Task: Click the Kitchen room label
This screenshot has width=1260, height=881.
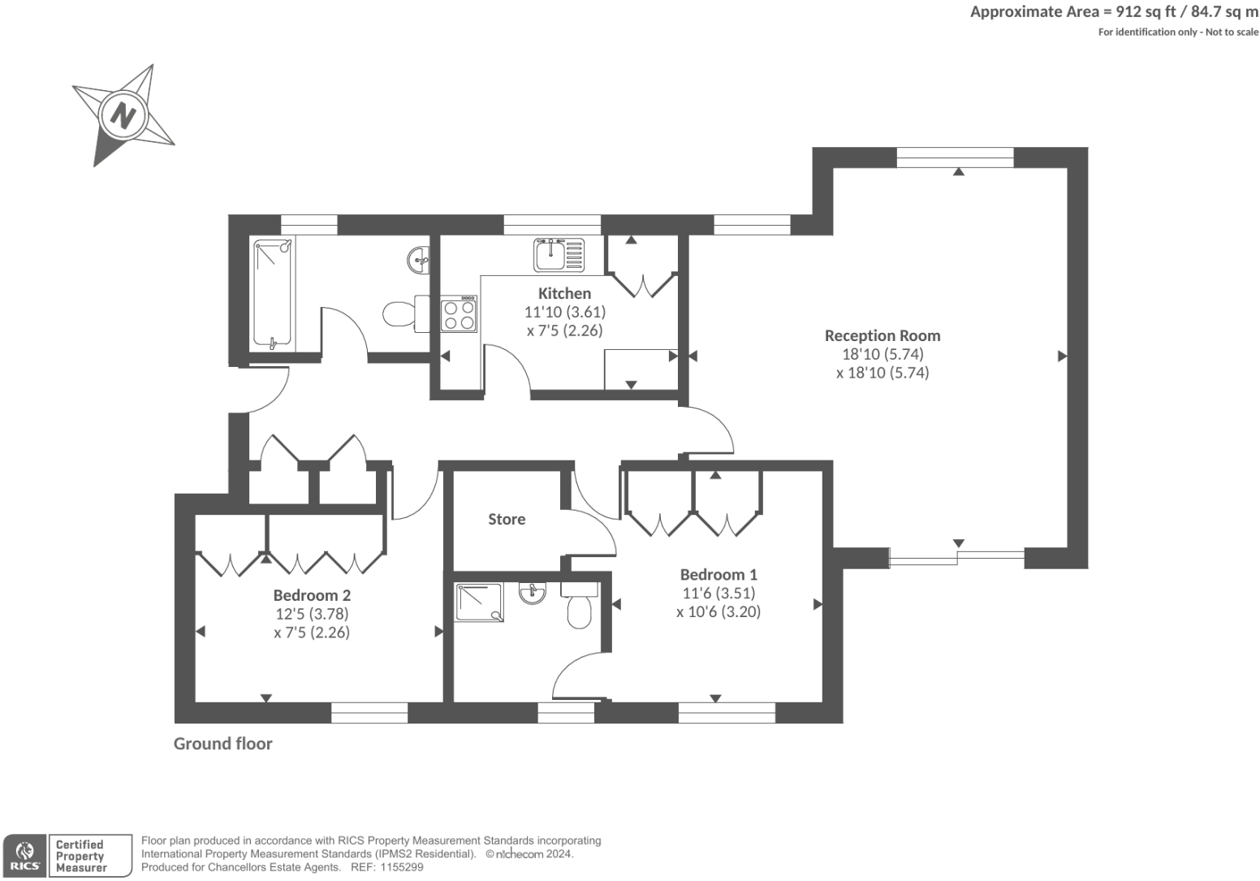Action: [x=564, y=293]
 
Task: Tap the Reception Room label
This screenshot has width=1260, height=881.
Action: [x=882, y=335]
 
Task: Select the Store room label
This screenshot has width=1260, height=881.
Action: [x=507, y=519]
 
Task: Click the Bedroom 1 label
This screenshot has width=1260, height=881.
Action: [x=718, y=574]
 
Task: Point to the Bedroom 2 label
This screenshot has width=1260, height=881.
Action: [x=312, y=595]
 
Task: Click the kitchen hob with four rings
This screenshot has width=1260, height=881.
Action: [x=459, y=314]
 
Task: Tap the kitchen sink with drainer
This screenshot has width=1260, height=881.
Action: [x=559, y=255]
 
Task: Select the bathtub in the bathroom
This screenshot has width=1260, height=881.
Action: [x=273, y=293]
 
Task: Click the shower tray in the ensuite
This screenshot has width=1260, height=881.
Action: [x=479, y=602]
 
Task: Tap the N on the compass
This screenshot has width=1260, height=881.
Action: [x=123, y=116]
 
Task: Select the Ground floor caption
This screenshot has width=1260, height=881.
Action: [x=222, y=744]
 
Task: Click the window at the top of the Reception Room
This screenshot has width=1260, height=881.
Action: [x=955, y=158]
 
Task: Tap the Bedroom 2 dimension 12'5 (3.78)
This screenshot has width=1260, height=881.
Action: [x=312, y=614]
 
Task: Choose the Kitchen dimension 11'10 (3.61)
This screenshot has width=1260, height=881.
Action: [x=565, y=312]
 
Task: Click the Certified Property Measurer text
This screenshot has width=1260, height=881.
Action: [x=81, y=856]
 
